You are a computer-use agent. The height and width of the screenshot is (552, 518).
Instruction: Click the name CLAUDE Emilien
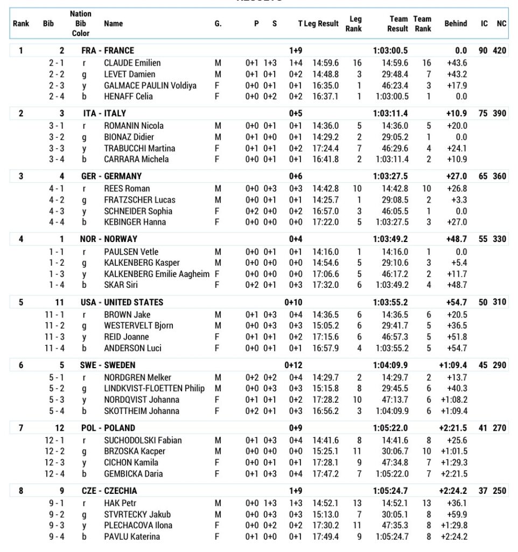pyautogui.click(x=132, y=63)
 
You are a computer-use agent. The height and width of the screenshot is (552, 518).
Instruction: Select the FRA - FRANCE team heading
pyautogui.click(x=107, y=51)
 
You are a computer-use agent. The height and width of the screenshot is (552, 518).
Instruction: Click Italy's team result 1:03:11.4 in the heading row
pyautogui.click(x=390, y=114)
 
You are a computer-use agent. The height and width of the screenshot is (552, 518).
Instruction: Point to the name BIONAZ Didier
pyautogui.click(x=129, y=137)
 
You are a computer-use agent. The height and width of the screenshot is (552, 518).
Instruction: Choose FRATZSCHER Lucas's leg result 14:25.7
pyautogui.click(x=326, y=200)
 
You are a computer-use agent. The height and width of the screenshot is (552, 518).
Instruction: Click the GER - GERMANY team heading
pyautogui.click(x=111, y=176)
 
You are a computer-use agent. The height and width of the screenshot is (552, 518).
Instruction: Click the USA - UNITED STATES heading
pyautogui.click(x=122, y=302)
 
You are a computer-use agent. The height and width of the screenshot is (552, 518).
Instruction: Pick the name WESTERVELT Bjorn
pyautogui.click(x=135, y=326)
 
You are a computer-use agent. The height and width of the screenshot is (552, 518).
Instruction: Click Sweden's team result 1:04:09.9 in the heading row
pyautogui.click(x=390, y=365)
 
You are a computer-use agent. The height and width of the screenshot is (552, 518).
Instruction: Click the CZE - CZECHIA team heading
pyautogui.click(x=109, y=491)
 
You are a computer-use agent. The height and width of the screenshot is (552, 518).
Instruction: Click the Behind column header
pyautogui.click(x=456, y=24)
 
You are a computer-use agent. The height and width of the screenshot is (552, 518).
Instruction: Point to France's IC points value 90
pyautogui.click(x=483, y=51)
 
